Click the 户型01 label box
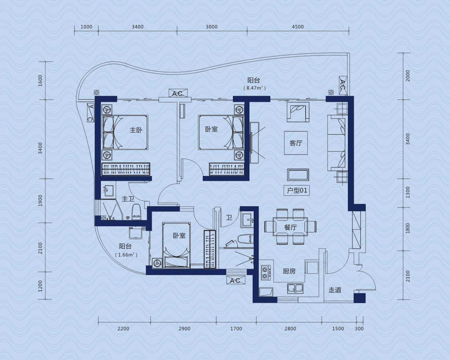pos(297,190)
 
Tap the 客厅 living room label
pos(296,143)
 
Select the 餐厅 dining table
pos(290,227)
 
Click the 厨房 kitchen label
pos(289,271)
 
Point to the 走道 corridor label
pos(335,290)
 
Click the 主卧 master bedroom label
pos(136,130)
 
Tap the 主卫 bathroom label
pos(128,198)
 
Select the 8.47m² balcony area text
pos(254,88)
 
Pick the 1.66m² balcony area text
pos(126,255)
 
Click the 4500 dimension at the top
pos(298,27)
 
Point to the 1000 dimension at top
pos(86,27)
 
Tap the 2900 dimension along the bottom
pos(185,329)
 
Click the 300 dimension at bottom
pos(359,329)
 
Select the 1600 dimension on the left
pos(40,81)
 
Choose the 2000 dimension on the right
pos(407,76)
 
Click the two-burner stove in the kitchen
pos(265,273)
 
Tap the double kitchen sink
pos(295,288)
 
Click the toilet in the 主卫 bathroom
pos(136,212)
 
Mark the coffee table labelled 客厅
pos(296,143)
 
